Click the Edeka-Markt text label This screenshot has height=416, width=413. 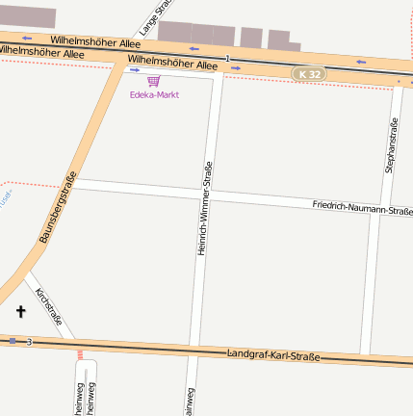coord(154,94)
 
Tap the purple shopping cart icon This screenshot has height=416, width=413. coord(154,81)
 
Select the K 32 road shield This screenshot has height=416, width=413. coord(308,73)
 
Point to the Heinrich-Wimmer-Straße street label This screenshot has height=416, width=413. coord(204,208)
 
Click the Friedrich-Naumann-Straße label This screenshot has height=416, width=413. coord(362,208)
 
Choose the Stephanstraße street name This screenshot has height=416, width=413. coord(391,144)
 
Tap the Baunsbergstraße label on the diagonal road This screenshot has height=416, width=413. coord(57,206)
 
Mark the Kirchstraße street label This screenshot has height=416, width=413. coord(49,305)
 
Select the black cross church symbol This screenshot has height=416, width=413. coord(21,311)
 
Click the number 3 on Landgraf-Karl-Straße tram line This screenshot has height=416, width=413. coord(30,342)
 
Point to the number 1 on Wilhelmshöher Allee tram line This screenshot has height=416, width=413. coord(227,60)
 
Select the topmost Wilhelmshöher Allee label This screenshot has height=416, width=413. coord(95,41)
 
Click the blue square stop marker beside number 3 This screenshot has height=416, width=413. coord(13,341)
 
